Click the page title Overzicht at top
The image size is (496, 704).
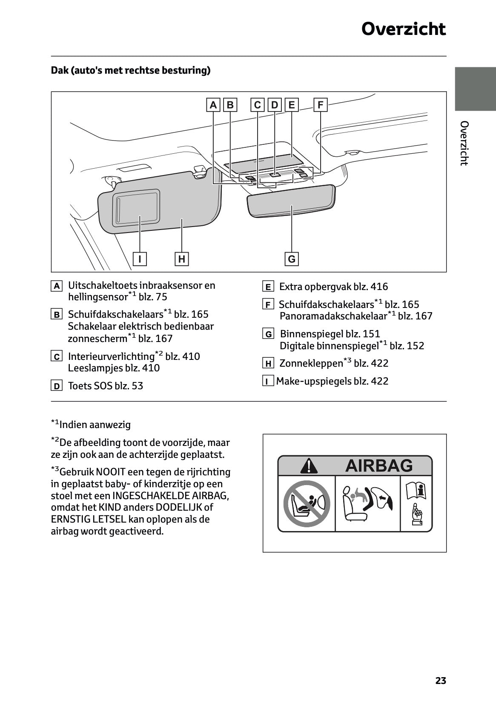(x=403, y=29)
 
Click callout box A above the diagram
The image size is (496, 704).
(x=213, y=105)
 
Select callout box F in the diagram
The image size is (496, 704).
(x=320, y=105)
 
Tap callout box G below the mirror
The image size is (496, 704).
(x=292, y=259)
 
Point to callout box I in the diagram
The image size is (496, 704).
(x=140, y=259)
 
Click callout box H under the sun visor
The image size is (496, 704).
(x=182, y=259)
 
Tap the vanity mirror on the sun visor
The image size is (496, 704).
(x=136, y=208)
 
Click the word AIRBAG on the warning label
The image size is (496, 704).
(x=378, y=466)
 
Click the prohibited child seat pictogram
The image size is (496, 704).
(x=307, y=503)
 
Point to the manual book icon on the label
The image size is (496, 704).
(x=416, y=491)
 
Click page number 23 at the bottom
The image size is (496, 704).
(x=441, y=681)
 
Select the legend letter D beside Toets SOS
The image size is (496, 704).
(x=56, y=386)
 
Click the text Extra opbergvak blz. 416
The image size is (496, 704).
(x=333, y=287)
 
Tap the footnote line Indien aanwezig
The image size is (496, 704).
(x=91, y=424)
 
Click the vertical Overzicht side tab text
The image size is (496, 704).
(x=464, y=143)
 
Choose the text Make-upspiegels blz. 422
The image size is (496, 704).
(x=332, y=381)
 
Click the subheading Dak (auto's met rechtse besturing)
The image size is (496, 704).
(x=131, y=70)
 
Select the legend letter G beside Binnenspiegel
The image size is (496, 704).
(x=268, y=334)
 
